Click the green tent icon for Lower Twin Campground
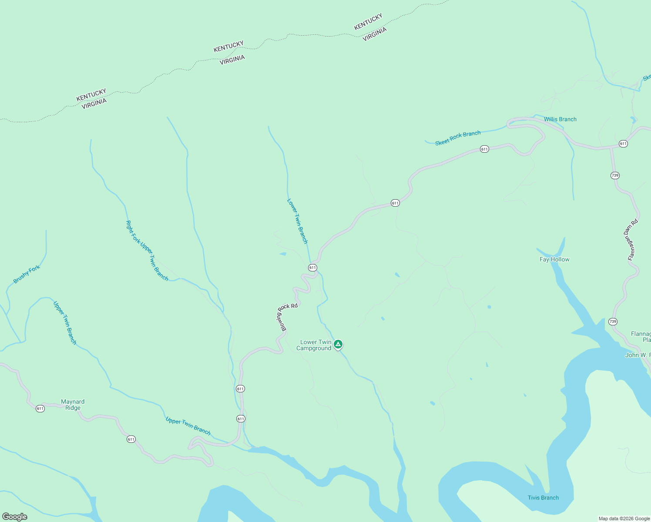pyautogui.click(x=338, y=345)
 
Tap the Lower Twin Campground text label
pyautogui.click(x=315, y=345)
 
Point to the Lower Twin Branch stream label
pyautogui.click(x=298, y=221)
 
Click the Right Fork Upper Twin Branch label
pyautogui.click(x=147, y=250)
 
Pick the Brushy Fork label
pyautogui.click(x=27, y=274)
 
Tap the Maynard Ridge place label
pyautogui.click(x=73, y=405)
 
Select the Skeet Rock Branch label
pyautogui.click(x=458, y=138)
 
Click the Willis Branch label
pyautogui.click(x=560, y=119)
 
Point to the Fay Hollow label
pyautogui.click(x=554, y=259)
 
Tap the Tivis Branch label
pyautogui.click(x=543, y=498)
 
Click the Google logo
pyautogui.click(x=15, y=517)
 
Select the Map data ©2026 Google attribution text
pyautogui.click(x=624, y=519)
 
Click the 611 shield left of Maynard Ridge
pyautogui.click(x=40, y=408)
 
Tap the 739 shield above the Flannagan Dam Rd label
pyautogui.click(x=615, y=175)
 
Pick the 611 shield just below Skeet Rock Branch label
pyautogui.click(x=484, y=149)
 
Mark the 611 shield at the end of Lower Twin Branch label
pyautogui.click(x=312, y=268)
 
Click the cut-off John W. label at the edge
pyautogui.click(x=638, y=355)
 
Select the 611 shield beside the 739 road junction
pyautogui.click(x=623, y=144)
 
